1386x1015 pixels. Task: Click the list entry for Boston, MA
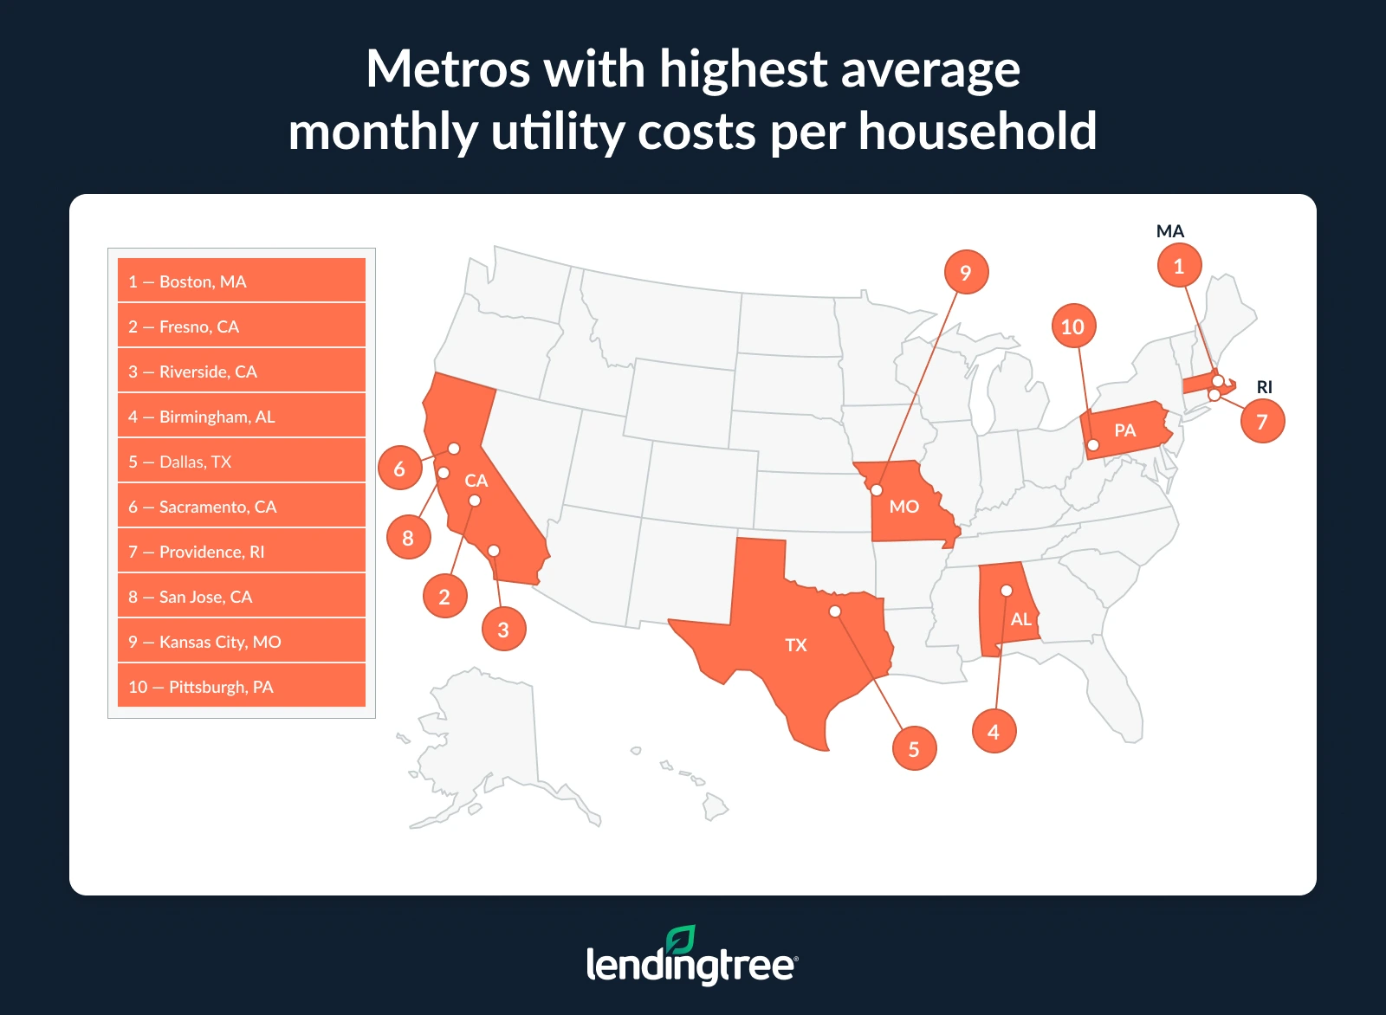click(241, 281)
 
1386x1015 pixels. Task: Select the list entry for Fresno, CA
click(241, 326)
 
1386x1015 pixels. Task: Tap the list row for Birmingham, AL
click(241, 416)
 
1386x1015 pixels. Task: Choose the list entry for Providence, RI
click(241, 551)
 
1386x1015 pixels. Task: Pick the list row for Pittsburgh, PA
click(241, 686)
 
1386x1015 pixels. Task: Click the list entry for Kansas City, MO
click(241, 641)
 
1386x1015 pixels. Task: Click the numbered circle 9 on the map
click(966, 272)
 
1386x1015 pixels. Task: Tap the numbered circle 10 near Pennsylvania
click(1072, 326)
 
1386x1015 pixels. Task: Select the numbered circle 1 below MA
click(1179, 266)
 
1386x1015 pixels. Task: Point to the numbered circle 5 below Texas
click(914, 748)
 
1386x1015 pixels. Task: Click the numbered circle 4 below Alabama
click(994, 731)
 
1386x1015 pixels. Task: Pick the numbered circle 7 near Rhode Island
click(1262, 421)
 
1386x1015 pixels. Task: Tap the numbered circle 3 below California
click(503, 629)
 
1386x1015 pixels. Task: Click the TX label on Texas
click(795, 644)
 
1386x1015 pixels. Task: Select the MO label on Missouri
click(903, 506)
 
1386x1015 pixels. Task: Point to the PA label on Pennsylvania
click(1124, 430)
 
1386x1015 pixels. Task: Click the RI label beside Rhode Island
click(1265, 387)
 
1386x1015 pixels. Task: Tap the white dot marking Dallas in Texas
click(835, 611)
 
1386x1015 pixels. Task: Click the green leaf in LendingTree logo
click(681, 941)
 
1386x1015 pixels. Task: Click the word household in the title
click(977, 132)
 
